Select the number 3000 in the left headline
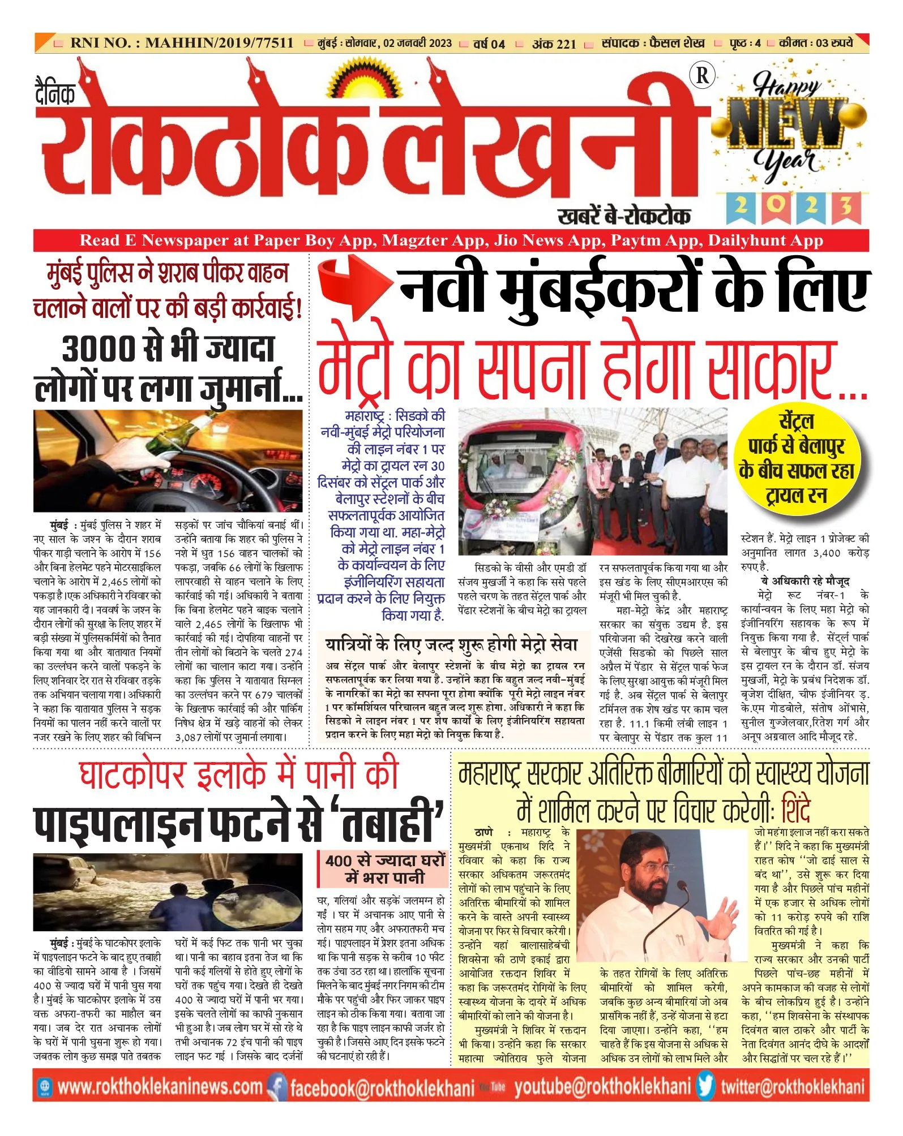[x=99, y=350]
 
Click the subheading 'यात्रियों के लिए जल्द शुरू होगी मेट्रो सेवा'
[x=451, y=645]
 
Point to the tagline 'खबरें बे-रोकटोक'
[x=624, y=216]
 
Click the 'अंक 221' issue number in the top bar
[x=554, y=44]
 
